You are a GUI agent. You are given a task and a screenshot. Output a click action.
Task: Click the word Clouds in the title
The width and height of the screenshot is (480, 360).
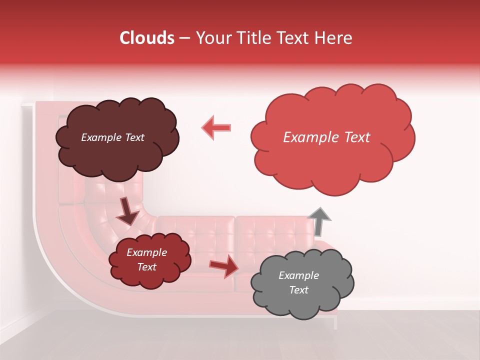point(146,38)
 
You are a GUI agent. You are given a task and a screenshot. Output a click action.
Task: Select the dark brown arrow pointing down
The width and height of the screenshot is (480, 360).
point(127,211)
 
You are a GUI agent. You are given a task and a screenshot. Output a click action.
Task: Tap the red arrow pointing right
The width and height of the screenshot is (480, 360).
point(224,266)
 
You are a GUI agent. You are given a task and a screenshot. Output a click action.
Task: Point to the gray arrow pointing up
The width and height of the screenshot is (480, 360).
point(319,221)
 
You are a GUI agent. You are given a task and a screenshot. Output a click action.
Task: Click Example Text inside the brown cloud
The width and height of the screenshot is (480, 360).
point(112,137)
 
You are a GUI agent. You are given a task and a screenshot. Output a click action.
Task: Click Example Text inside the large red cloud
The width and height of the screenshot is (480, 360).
point(326,137)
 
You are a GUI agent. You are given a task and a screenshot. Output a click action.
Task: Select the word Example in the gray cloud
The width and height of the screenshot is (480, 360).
point(298,275)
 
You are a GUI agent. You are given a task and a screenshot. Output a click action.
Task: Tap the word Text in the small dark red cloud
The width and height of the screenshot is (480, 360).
point(146,267)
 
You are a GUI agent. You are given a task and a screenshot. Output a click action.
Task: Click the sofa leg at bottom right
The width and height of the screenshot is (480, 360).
point(335,322)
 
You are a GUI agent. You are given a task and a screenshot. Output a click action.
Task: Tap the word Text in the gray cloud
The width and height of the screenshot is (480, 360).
point(298,290)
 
